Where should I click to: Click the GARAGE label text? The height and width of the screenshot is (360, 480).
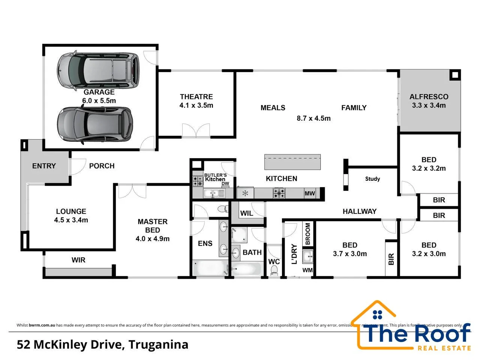[99, 92]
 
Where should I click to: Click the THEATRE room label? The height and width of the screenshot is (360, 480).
[196, 97]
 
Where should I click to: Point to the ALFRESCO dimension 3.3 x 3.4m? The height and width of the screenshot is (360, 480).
[429, 106]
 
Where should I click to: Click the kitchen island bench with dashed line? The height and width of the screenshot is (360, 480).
[292, 162]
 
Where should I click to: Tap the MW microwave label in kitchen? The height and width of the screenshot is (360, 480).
[310, 193]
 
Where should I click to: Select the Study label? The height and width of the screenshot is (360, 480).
[372, 179]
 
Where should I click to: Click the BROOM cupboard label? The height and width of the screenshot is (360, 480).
[308, 234]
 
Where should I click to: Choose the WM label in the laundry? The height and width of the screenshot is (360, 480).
[307, 270]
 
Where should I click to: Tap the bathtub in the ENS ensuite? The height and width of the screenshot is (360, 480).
[210, 268]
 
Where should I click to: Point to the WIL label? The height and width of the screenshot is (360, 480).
[246, 213]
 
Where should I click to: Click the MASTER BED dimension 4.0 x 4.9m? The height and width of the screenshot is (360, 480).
[153, 239]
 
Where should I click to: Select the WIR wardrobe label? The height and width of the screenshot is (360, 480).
[78, 260]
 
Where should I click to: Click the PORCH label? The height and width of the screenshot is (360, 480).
[102, 166]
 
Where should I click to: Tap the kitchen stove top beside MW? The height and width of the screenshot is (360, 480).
[279, 193]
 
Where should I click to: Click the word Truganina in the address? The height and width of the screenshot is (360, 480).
[158, 344]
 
